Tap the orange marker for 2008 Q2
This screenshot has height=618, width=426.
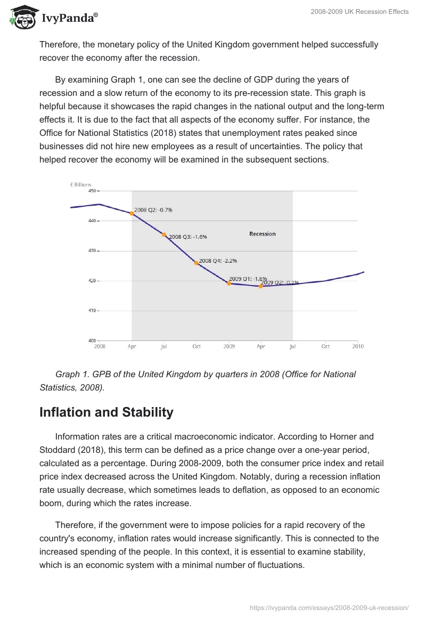[x=132, y=213]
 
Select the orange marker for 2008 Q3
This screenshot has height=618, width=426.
[x=164, y=234]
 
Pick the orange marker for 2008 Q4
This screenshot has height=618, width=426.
[x=196, y=263]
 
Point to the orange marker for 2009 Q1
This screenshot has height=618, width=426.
[x=229, y=283]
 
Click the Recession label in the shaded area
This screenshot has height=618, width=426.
[x=263, y=234]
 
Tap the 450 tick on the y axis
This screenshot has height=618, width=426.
[x=92, y=191]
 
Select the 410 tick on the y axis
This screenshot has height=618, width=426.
[x=92, y=311]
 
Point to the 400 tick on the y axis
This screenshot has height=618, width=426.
[x=92, y=340]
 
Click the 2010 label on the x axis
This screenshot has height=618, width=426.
[x=358, y=346]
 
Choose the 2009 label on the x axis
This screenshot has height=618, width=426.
[x=229, y=346]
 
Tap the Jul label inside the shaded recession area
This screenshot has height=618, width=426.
[x=164, y=346]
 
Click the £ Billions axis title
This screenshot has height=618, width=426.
[x=81, y=184]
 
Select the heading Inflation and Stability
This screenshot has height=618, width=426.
[x=106, y=412]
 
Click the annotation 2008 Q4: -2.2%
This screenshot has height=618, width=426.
[x=218, y=261]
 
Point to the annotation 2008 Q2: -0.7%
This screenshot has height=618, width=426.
[x=153, y=210]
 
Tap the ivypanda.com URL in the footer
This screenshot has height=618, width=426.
[x=329, y=607]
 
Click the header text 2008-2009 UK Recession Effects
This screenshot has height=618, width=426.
[x=359, y=12]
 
